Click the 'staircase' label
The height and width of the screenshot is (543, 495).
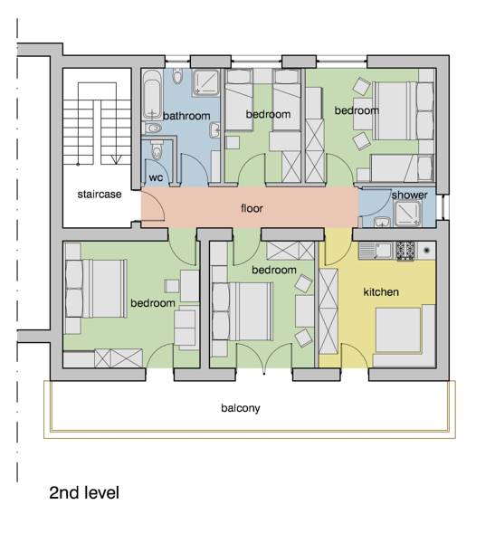[100, 195]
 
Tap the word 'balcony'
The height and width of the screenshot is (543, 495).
[241, 408]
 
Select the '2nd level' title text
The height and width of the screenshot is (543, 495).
[84, 493]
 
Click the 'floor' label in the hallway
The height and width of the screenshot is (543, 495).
[252, 208]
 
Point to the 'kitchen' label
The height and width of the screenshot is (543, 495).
[381, 292]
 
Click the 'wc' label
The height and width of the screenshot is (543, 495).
[156, 178]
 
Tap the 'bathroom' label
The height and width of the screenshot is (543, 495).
[186, 116]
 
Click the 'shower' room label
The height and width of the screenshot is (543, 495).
[409, 195]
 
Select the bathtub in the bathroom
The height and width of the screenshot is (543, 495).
[152, 94]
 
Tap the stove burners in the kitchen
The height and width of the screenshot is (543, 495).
[405, 251]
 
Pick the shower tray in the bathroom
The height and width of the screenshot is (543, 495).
[206, 82]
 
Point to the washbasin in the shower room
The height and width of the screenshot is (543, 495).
[382, 222]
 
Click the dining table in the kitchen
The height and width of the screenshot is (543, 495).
[398, 330]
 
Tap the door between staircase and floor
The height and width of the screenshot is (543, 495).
[152, 205]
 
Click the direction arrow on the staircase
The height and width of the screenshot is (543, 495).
[116, 160]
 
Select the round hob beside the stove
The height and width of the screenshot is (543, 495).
[426, 250]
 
